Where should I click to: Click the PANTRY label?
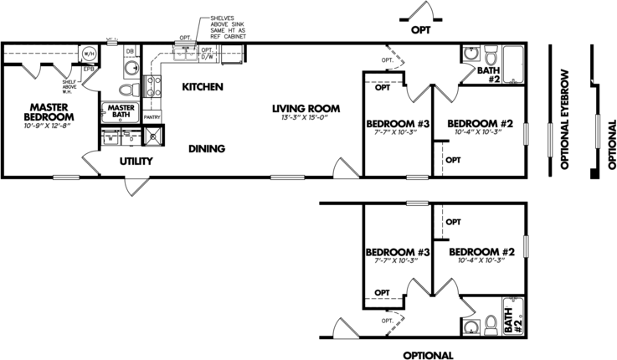(x=152, y=117)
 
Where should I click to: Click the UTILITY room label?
(x=135, y=161)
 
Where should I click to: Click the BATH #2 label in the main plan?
(x=488, y=75)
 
